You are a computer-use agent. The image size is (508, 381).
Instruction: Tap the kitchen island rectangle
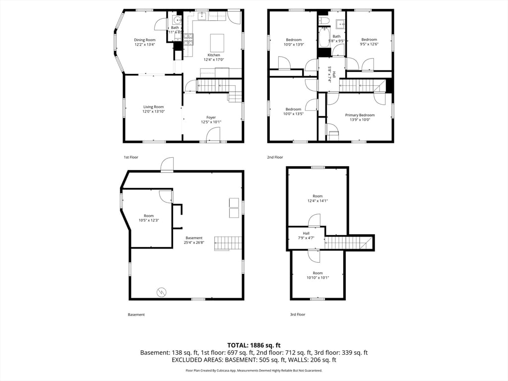(217, 43)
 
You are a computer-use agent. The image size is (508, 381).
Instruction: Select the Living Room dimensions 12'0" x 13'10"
(153, 112)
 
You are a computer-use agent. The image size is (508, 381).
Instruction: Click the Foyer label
(211, 118)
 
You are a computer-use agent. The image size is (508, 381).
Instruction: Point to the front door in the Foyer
(213, 135)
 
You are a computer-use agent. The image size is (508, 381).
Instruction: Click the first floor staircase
(213, 86)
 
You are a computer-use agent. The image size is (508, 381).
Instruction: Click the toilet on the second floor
(324, 20)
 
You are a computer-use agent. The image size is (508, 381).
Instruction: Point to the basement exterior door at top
(167, 165)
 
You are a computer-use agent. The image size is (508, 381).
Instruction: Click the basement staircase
(228, 243)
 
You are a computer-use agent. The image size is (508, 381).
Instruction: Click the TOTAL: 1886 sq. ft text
(254, 345)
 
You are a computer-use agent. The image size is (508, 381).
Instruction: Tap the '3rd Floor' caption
(298, 315)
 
